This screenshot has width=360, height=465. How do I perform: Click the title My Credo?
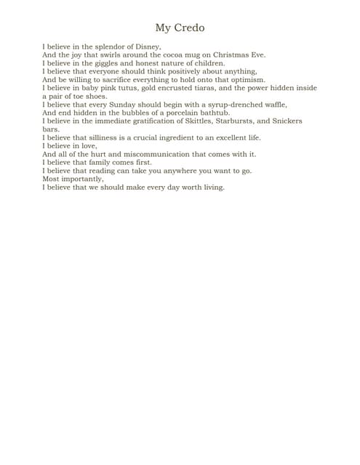pyautogui.click(x=180, y=28)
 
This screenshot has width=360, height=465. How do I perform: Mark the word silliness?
pyautogui.click(x=108, y=137)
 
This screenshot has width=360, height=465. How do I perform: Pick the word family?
pyautogui.click(x=118, y=162)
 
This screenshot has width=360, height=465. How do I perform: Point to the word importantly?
pyautogui.click(x=81, y=179)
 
